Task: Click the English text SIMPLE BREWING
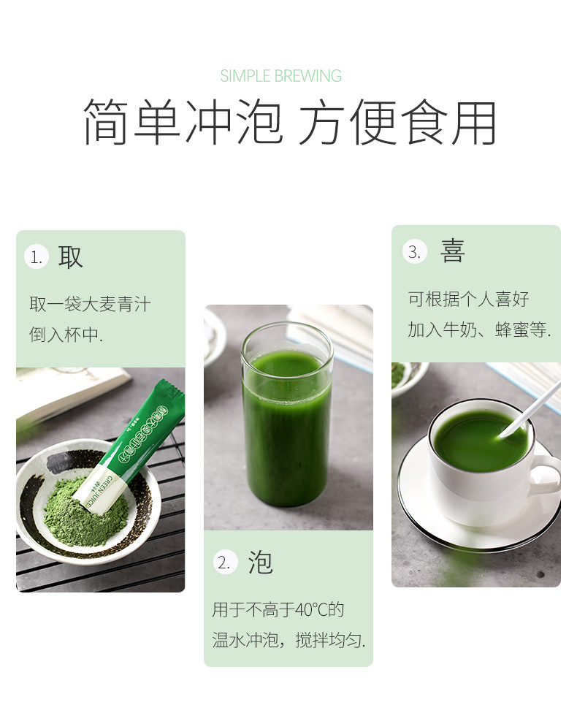click(281, 76)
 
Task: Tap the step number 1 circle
click(36, 257)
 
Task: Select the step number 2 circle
click(225, 563)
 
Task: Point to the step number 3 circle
click(414, 252)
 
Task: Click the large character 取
click(71, 256)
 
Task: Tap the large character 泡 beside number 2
click(260, 563)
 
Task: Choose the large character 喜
click(453, 251)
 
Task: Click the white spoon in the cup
click(530, 408)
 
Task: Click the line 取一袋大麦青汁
click(90, 303)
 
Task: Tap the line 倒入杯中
click(66, 335)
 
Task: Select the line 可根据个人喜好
click(468, 299)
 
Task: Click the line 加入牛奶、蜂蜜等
click(479, 329)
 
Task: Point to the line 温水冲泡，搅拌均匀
click(288, 641)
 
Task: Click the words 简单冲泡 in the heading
click(183, 121)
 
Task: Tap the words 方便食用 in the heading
click(397, 121)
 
